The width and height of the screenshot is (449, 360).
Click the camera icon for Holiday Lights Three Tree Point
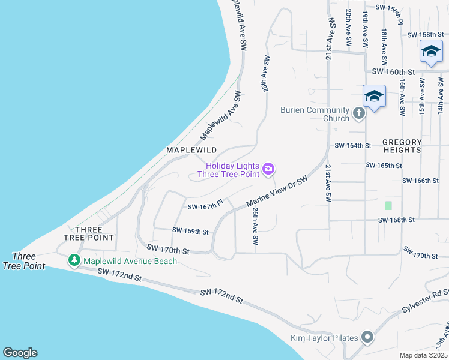pyautogui.click(x=269, y=170)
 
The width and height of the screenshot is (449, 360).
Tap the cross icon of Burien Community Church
pyautogui.click(x=358, y=113)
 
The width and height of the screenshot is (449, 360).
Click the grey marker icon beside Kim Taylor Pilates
pyautogui.click(x=367, y=338)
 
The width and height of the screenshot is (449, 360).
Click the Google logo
pyautogui.click(x=20, y=353)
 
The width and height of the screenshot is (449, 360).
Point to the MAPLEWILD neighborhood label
pyautogui.click(x=191, y=149)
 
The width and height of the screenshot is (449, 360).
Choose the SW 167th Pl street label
pyautogui.click(x=205, y=206)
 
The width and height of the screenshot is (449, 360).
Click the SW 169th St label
pyautogui.click(x=190, y=231)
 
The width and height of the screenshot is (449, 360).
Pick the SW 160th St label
pyautogui.click(x=394, y=71)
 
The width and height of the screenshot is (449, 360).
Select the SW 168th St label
pyautogui.click(x=396, y=220)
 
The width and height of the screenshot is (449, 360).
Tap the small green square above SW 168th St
pyautogui.click(x=388, y=205)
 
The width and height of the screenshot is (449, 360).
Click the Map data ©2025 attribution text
pyautogui.click(x=423, y=355)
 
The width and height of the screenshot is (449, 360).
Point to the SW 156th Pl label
pyautogui.click(x=395, y=7)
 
